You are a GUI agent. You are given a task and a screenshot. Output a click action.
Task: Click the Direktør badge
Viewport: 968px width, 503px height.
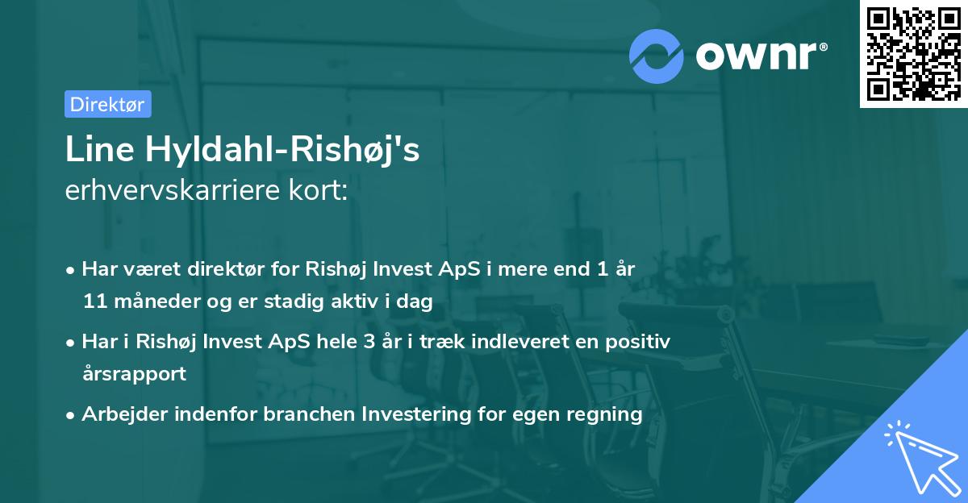coord(107,104)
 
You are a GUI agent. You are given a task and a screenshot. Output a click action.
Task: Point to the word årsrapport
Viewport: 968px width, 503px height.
coord(134,374)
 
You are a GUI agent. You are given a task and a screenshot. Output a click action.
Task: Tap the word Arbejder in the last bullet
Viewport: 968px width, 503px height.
coord(119,414)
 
